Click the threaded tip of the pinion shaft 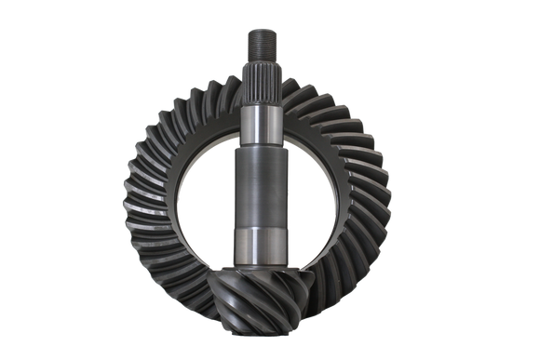coord(259,41)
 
